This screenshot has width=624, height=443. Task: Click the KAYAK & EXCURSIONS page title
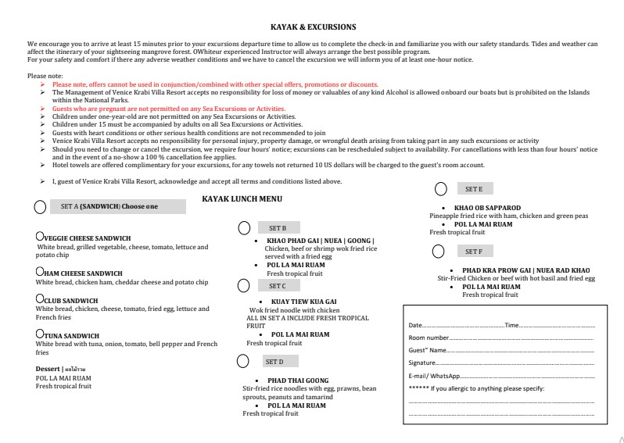(312, 27)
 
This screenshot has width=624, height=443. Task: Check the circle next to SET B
(244, 228)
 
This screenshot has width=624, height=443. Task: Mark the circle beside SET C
(244, 287)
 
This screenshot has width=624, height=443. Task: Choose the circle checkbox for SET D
(244, 362)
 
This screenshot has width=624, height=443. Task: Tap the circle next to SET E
(441, 189)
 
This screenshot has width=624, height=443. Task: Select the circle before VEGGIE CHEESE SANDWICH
(39, 237)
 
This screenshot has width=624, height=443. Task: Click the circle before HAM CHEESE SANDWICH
(39, 272)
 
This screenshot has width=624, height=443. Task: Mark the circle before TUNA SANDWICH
(39, 334)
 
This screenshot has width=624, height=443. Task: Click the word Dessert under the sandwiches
(48, 369)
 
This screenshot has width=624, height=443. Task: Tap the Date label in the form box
(415, 325)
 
